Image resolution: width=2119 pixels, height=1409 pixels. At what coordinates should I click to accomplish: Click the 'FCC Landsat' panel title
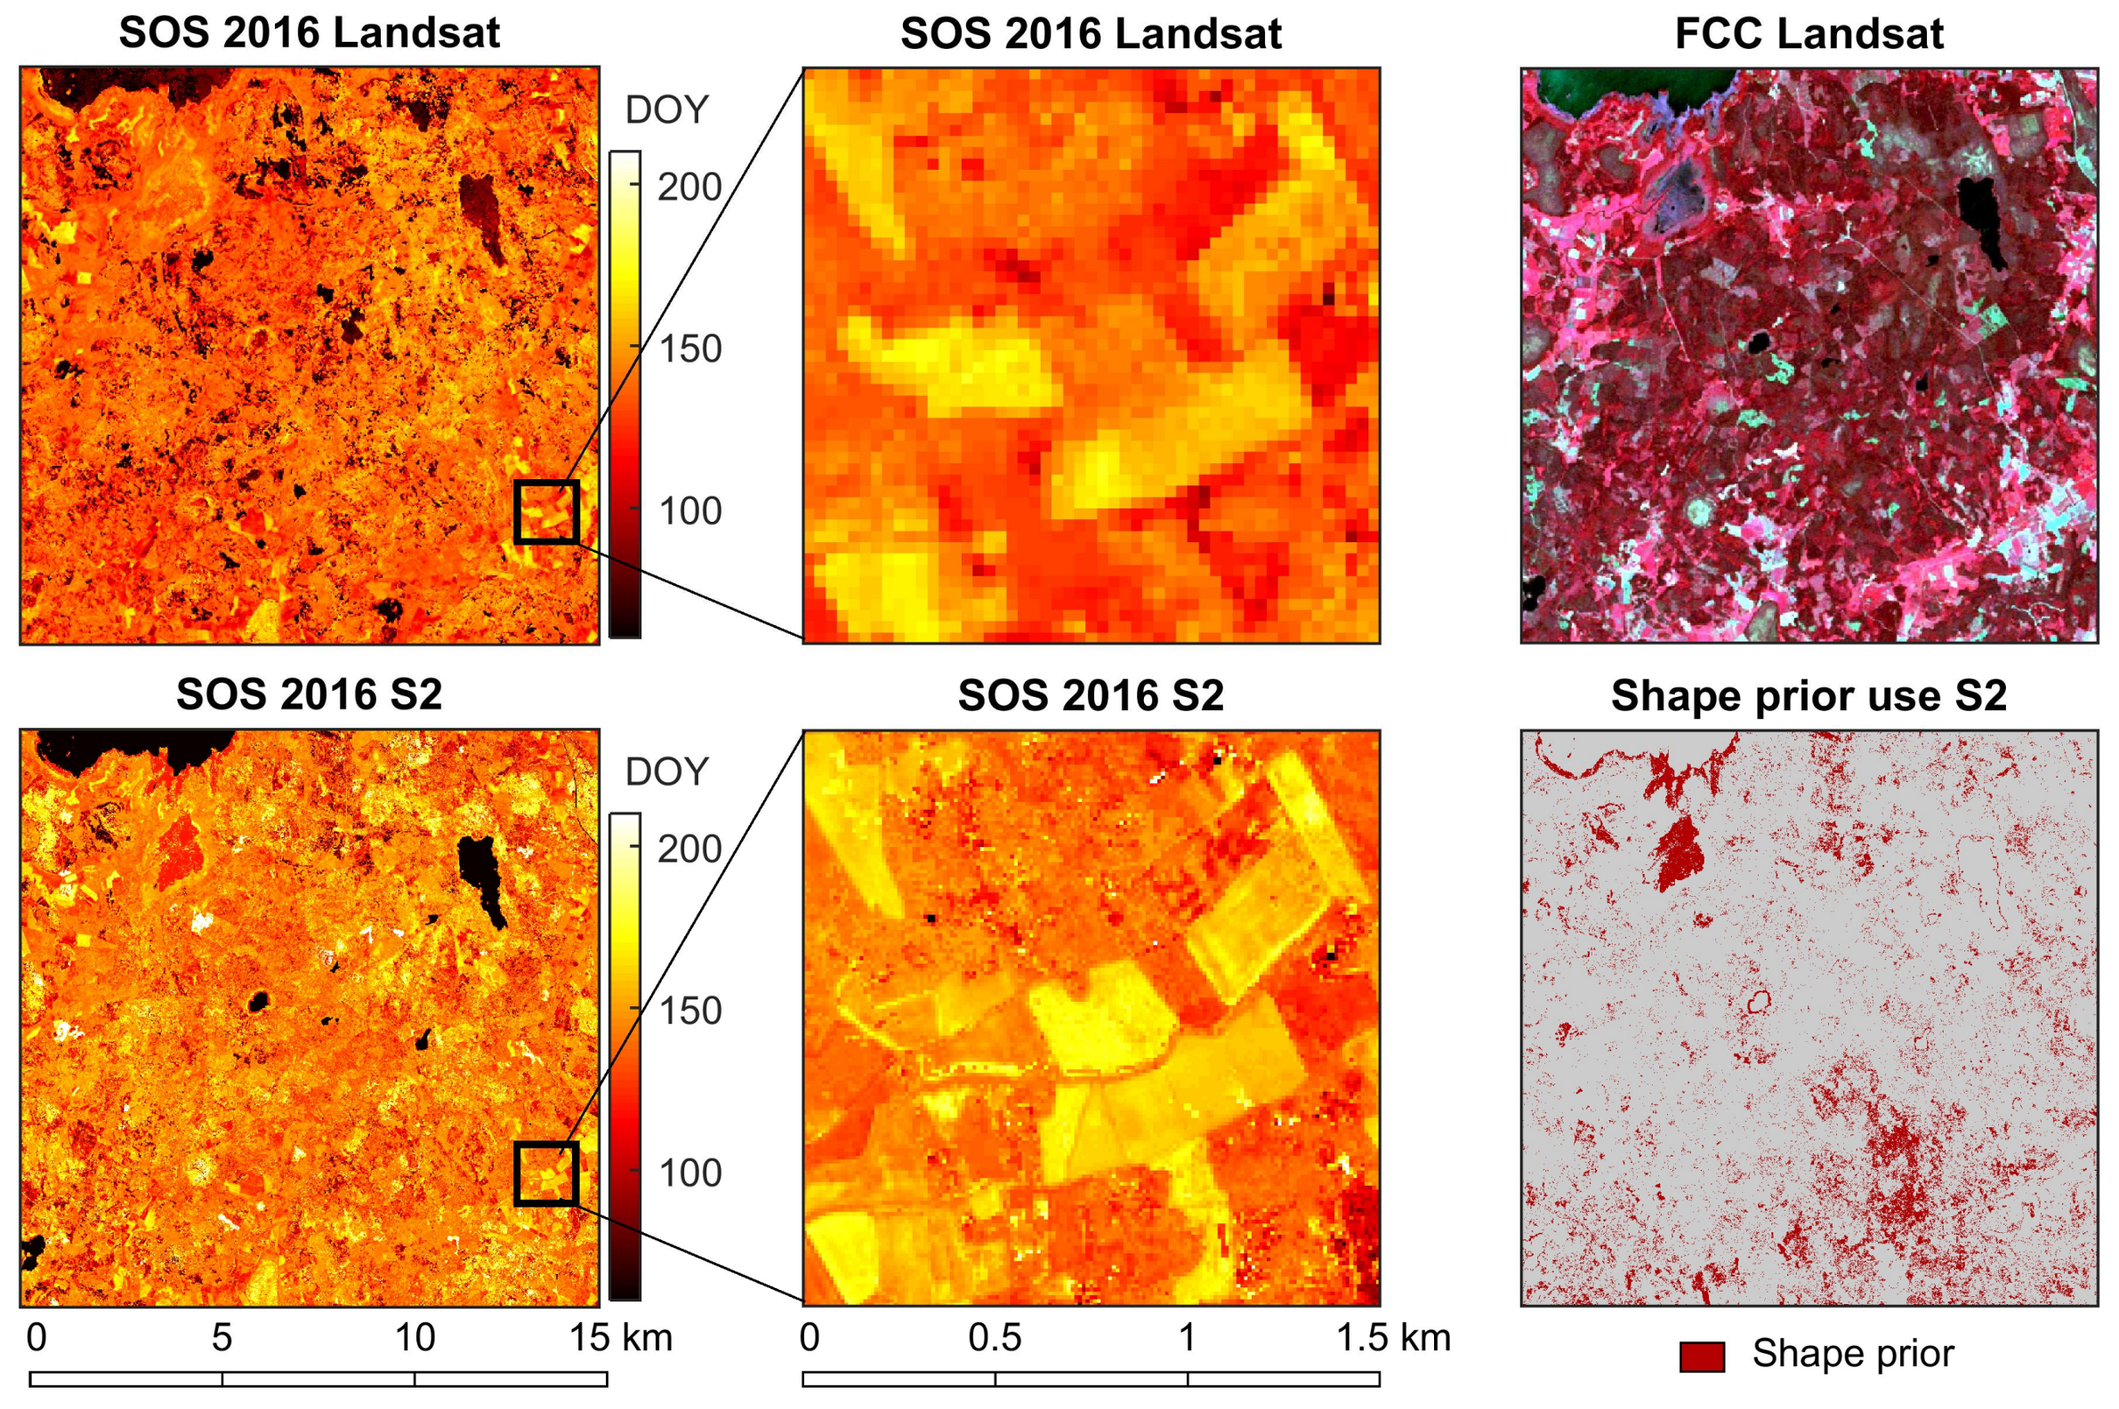point(1808,34)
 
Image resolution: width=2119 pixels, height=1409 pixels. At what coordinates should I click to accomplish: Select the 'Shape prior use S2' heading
point(1808,696)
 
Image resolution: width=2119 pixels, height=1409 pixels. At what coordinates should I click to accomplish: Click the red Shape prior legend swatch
point(1701,1356)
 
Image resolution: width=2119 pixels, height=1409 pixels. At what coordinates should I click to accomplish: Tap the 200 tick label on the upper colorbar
point(689,187)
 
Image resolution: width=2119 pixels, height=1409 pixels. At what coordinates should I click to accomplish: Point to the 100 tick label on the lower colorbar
point(689,1173)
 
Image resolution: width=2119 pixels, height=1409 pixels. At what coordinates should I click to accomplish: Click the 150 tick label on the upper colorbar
point(689,348)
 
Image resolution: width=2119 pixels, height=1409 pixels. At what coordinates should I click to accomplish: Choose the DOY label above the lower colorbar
point(666,772)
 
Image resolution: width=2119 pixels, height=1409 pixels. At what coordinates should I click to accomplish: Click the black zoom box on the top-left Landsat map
point(545,511)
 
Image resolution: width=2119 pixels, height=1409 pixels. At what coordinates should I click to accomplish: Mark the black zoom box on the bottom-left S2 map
point(545,1173)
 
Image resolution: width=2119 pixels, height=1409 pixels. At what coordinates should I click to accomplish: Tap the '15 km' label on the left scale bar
point(620,1338)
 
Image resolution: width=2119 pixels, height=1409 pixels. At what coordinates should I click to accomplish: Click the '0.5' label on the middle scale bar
point(995,1338)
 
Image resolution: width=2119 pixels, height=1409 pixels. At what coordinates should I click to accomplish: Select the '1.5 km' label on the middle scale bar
point(1392,1338)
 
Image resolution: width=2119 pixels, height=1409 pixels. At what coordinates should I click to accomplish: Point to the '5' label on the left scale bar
point(222,1338)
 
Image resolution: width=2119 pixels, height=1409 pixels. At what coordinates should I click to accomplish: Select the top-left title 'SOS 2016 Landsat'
point(309,33)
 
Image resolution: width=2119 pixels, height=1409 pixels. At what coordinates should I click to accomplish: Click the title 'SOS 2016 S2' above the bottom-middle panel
point(1090,695)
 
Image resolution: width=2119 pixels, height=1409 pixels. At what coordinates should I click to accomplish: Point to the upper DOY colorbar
point(624,396)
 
